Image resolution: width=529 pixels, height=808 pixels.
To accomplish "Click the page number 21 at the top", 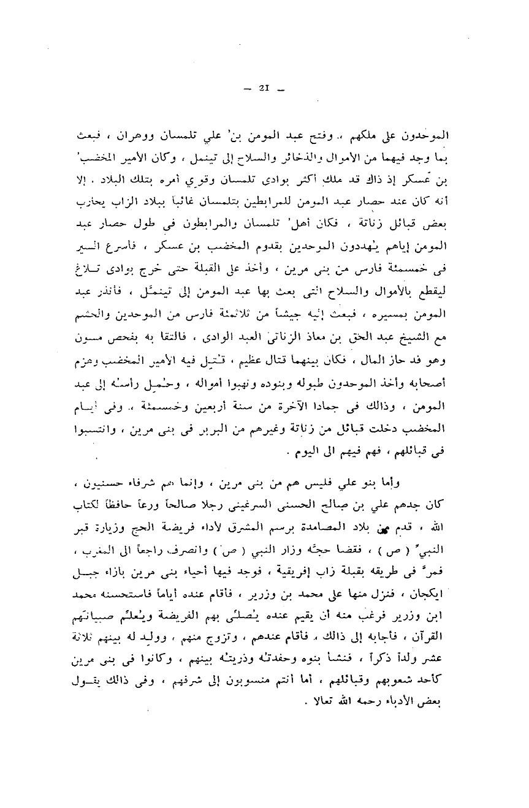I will [264, 89].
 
